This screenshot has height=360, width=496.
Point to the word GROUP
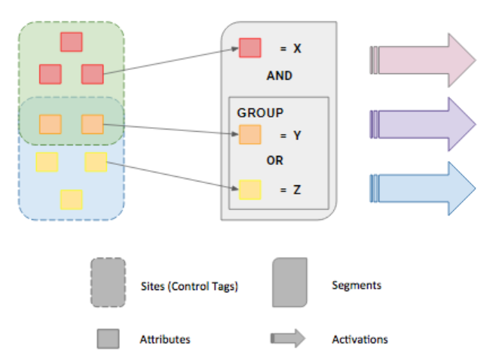260,113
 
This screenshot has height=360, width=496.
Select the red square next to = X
250,48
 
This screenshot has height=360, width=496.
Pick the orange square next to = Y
250,135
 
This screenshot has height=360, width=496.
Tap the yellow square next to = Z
250,189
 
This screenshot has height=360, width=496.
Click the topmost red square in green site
72,42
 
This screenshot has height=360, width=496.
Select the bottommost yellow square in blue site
72,200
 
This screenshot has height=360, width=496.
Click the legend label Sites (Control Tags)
189,286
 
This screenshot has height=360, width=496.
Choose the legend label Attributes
165,339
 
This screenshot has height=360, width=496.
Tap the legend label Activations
360,339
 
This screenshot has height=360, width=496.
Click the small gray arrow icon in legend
288,339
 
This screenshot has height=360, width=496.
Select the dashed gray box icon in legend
108,283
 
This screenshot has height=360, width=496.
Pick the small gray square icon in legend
108,339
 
